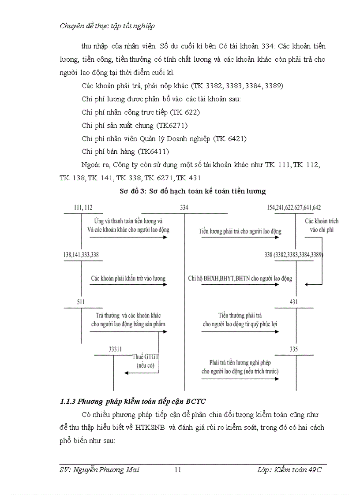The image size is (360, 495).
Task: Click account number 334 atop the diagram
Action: (x=184, y=208)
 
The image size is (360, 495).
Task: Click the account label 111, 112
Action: (x=83, y=208)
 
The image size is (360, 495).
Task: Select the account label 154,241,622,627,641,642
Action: (x=294, y=208)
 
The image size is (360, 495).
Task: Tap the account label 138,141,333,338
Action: (x=81, y=255)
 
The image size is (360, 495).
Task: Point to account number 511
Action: (x=81, y=302)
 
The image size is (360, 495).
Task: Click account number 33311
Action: (x=115, y=349)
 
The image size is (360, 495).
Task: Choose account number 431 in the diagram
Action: (x=294, y=302)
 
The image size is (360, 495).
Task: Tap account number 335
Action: (x=294, y=349)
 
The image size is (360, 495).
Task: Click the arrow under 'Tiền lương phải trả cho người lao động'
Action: (x=240, y=237)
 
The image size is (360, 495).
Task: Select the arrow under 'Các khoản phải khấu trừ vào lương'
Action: (x=128, y=284)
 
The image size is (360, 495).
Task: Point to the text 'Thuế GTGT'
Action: (x=144, y=357)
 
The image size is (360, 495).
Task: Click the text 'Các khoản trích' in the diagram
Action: (x=322, y=221)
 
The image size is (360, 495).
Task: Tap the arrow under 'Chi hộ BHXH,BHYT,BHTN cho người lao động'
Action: (x=240, y=284)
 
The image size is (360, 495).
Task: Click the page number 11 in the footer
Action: (x=178, y=470)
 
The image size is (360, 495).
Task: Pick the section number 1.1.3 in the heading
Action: (x=68, y=401)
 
